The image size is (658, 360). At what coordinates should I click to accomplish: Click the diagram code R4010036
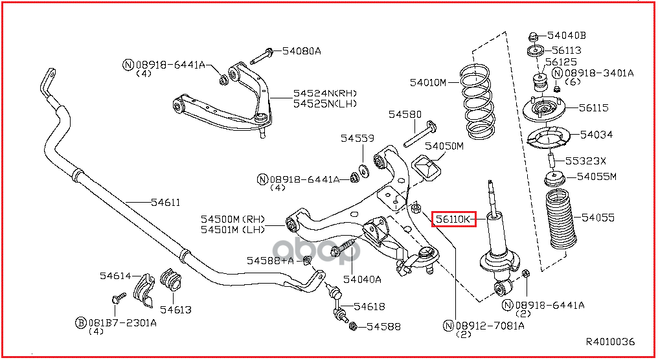(610, 342)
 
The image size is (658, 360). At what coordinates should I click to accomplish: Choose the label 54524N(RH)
(325, 93)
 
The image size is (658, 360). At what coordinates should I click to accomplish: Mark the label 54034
(596, 135)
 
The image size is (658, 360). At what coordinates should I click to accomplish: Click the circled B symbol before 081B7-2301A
(81, 322)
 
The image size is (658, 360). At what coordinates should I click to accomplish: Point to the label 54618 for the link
(369, 306)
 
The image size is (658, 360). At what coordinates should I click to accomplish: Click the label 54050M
(444, 146)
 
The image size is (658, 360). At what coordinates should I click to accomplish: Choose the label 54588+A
(270, 260)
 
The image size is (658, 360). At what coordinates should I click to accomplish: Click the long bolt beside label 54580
(417, 136)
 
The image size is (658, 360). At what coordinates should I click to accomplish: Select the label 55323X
(586, 161)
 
